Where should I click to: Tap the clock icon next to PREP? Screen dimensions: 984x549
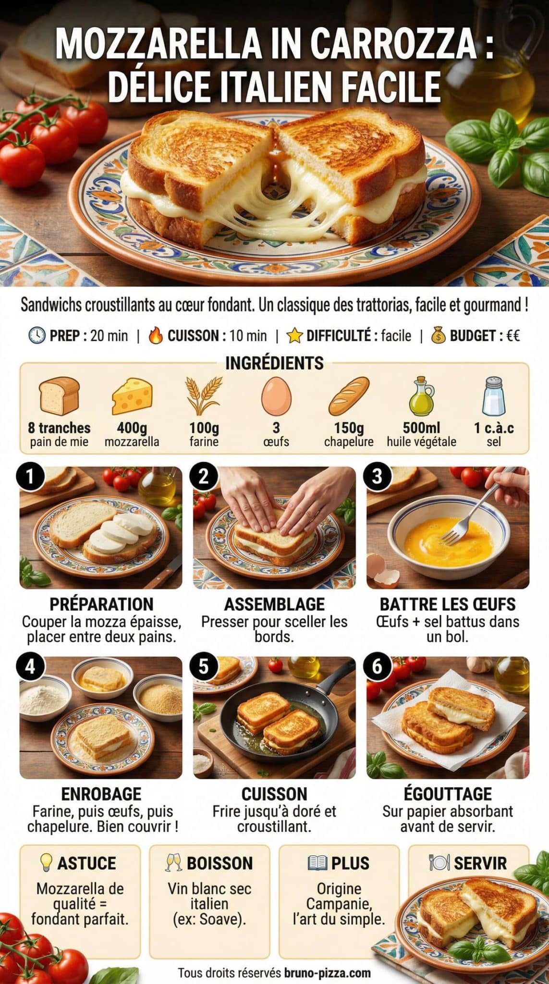click(x=37, y=335)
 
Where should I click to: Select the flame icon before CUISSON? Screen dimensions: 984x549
click(x=156, y=335)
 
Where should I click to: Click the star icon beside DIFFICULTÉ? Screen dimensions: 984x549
click(x=294, y=335)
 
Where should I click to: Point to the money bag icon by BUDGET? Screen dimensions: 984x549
click(x=438, y=335)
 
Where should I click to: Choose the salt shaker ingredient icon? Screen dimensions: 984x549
click(x=494, y=396)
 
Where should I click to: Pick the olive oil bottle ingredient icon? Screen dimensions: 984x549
click(x=421, y=396)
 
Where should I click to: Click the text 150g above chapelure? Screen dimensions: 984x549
click(x=349, y=427)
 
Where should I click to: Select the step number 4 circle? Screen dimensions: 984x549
click(x=30, y=667)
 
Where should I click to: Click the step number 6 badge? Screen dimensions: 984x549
click(x=377, y=667)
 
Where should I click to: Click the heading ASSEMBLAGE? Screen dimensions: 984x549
click(x=274, y=604)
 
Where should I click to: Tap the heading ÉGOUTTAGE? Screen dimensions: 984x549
click(x=448, y=794)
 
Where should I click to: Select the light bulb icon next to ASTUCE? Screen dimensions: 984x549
click(x=46, y=863)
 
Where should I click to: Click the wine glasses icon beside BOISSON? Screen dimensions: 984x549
click(x=173, y=863)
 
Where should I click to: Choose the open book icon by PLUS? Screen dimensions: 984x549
click(x=317, y=863)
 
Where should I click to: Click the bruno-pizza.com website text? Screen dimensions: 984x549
click(x=327, y=973)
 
